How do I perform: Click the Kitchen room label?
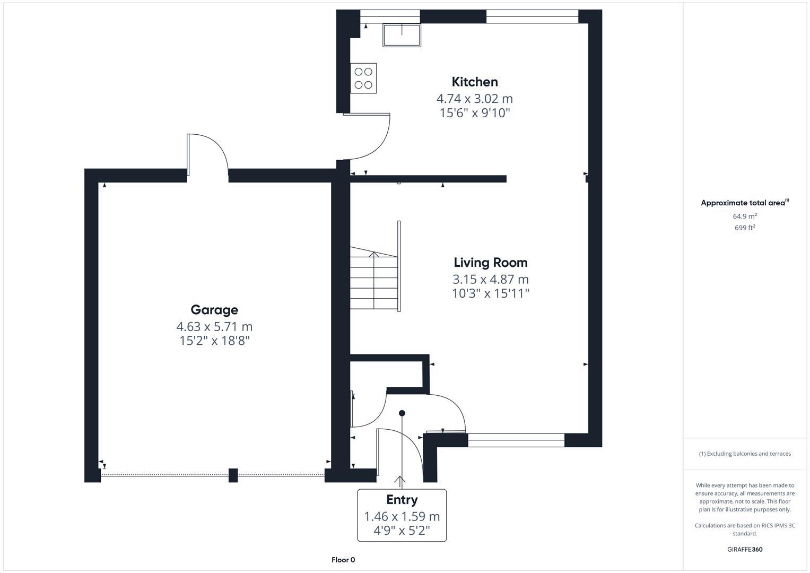474,82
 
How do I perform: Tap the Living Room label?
490,263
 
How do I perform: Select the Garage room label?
214,310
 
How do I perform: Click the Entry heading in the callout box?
402,500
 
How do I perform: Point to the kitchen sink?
402,35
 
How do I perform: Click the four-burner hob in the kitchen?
363,78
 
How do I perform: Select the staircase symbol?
374,281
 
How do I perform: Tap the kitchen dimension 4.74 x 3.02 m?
474,99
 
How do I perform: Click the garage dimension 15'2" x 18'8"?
214,341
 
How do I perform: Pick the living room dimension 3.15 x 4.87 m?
490,279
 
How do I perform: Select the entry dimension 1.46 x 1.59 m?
402,516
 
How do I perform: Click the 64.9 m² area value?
745,216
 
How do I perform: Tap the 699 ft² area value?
745,228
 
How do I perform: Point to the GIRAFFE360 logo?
745,549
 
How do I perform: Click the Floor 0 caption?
343,560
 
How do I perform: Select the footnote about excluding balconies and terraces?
745,454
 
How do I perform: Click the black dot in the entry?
402,413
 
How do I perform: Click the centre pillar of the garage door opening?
233,475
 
